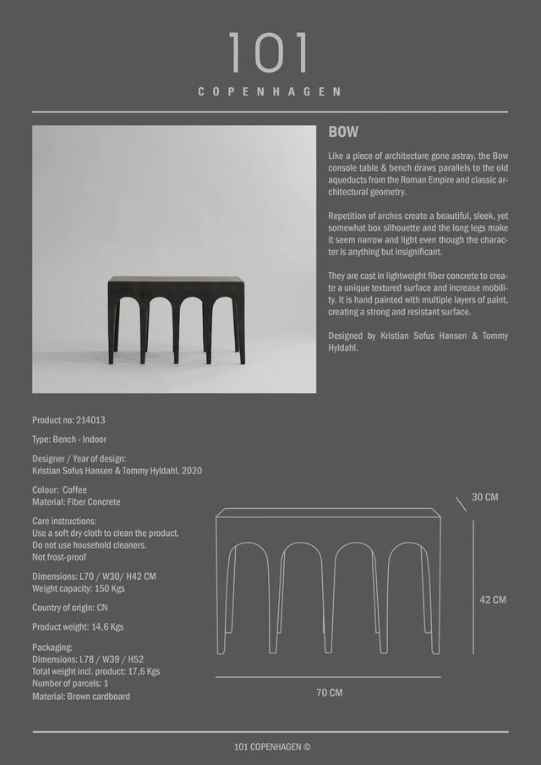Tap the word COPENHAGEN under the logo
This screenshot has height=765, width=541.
pyautogui.click(x=270, y=91)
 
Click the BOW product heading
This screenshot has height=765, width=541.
pyautogui.click(x=343, y=133)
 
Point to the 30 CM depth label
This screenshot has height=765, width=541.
pyautogui.click(x=484, y=497)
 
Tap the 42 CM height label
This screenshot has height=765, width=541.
pyautogui.click(x=493, y=599)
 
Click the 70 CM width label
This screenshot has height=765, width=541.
pyautogui.click(x=329, y=692)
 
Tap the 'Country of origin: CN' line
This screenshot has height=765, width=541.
pyautogui.click(x=70, y=608)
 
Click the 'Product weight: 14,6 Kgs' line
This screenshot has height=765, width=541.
pyautogui.click(x=78, y=627)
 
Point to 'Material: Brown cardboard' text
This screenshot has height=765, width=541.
pyautogui.click(x=81, y=697)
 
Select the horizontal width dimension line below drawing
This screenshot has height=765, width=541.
pyautogui.click(x=328, y=677)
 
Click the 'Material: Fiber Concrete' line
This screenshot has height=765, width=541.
pyautogui.click(x=76, y=502)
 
